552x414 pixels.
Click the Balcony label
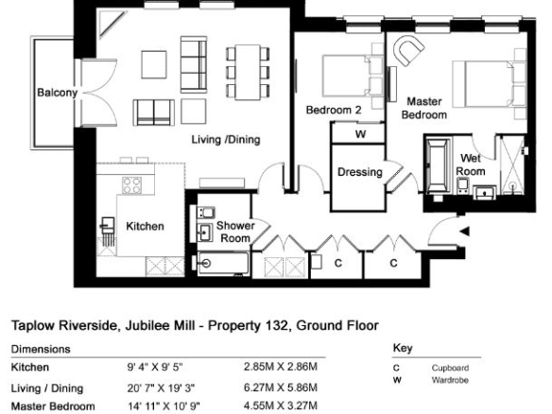pos(57,93)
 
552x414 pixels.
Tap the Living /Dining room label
pos(226,140)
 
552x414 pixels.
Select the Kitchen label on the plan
pos(145,226)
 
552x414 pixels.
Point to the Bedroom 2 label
pos(334,111)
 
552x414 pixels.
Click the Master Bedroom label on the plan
pos(424,108)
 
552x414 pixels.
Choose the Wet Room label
pos(471,164)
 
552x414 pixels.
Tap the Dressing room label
pos(360,172)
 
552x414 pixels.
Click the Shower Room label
pos(235,232)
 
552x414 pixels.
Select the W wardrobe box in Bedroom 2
pos(358,133)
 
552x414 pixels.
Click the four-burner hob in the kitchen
pos(132,185)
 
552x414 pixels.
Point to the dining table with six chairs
pos(248,72)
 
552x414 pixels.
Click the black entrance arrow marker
pos(465,232)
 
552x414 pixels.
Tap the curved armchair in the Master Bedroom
pos(408,50)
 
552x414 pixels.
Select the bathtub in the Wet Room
pos(439,166)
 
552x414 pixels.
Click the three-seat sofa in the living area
pos(194,64)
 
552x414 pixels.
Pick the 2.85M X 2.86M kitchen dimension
pos(281,367)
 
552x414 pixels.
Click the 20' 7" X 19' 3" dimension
pos(161,388)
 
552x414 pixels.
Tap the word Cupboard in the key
pos(450,368)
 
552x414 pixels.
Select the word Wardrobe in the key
pos(450,380)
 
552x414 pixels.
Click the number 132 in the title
pos(277,325)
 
